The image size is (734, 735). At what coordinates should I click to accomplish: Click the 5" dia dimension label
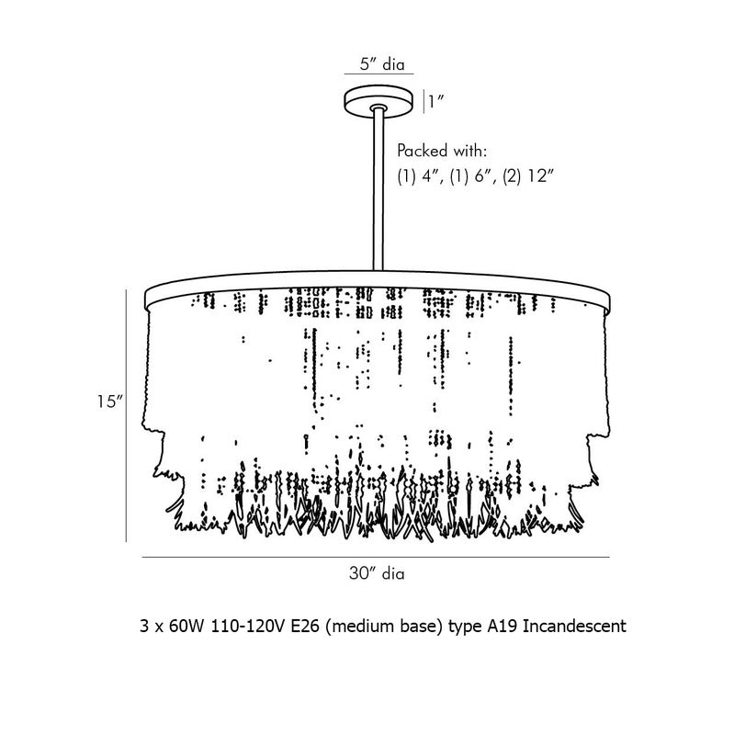[381, 63]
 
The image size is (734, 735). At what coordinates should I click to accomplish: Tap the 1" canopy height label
[435, 101]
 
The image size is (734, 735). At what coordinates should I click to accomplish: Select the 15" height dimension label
[109, 401]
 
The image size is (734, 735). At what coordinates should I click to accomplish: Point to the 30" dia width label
[377, 573]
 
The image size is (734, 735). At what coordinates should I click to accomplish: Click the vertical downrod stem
[378, 190]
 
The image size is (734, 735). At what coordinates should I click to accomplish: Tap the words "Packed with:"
[442, 151]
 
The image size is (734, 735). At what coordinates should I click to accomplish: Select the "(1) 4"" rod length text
[420, 176]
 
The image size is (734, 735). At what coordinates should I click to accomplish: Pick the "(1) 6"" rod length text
[472, 176]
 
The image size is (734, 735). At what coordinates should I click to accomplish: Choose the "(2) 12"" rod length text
[528, 176]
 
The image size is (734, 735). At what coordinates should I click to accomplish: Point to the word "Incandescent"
[574, 626]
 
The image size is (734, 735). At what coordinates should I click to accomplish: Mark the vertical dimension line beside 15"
[126, 416]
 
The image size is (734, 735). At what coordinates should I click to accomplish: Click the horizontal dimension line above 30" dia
[376, 558]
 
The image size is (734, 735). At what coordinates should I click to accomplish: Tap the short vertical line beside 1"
[423, 102]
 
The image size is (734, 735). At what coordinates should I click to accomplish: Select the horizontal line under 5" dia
[378, 73]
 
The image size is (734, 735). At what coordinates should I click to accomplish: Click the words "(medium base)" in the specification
[384, 627]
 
